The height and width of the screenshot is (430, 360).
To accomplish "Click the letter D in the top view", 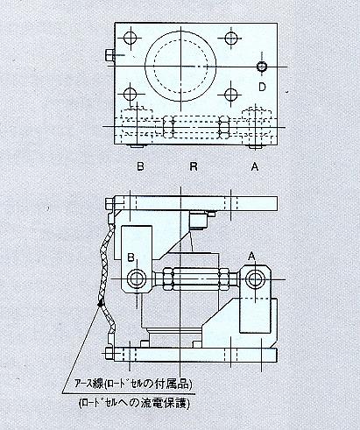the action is pos(262,87).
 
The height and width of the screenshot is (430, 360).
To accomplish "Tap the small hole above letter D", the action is pos(262,67).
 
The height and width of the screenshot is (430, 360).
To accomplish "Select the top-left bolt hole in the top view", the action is pos(131,38).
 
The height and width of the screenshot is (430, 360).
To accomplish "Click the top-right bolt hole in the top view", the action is pos(231,38).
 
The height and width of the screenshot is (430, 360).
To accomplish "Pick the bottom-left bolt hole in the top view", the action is pos(131,94).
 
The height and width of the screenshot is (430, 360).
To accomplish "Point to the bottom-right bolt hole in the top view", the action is pos(231,94).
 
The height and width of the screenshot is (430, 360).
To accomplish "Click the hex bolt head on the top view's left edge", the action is pos(109,55).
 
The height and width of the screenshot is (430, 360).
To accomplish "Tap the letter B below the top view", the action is pos(140,166).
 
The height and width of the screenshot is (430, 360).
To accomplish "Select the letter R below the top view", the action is pos(194,166).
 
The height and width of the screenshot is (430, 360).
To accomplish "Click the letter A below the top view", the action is pos(255,166).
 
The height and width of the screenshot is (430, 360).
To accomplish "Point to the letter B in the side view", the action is pos(131,257).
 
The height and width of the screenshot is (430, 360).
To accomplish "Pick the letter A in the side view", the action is pos(251,257).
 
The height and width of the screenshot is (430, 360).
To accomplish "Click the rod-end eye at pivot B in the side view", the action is pos(136,278).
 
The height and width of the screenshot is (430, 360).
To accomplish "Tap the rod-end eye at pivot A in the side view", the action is pos(255,279).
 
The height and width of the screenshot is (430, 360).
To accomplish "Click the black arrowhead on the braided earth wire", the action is pos(101,303).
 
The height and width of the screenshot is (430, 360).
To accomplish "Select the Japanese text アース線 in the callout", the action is pos(88,384).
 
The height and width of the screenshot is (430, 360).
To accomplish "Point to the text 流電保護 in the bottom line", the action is pos(165,404).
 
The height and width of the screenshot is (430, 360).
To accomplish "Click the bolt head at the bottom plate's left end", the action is pos(109,353).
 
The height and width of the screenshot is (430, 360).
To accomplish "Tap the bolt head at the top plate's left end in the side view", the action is pos(109,204).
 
